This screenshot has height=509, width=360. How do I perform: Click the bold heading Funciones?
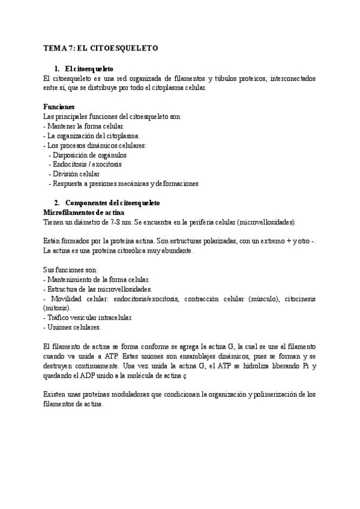pyautogui.click(x=59, y=106)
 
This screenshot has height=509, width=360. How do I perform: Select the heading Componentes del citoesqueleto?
pyautogui.click(x=112, y=203)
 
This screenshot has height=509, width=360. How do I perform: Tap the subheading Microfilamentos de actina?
pyautogui.click(x=85, y=212)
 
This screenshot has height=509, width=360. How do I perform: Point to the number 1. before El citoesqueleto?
pyautogui.click(x=58, y=68)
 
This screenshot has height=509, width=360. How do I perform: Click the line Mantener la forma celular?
pyautogui.click(x=85, y=126)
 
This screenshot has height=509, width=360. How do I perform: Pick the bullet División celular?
pyautogui.click(x=76, y=173)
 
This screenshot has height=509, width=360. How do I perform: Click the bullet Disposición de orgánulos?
pyautogui.click(x=90, y=154)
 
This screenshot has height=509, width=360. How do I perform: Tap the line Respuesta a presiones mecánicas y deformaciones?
pyautogui.click(x=125, y=183)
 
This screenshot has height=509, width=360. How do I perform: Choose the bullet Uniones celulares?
pyautogui.click(x=73, y=327)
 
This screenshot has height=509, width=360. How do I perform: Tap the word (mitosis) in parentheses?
pyautogui.click(x=58, y=308)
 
